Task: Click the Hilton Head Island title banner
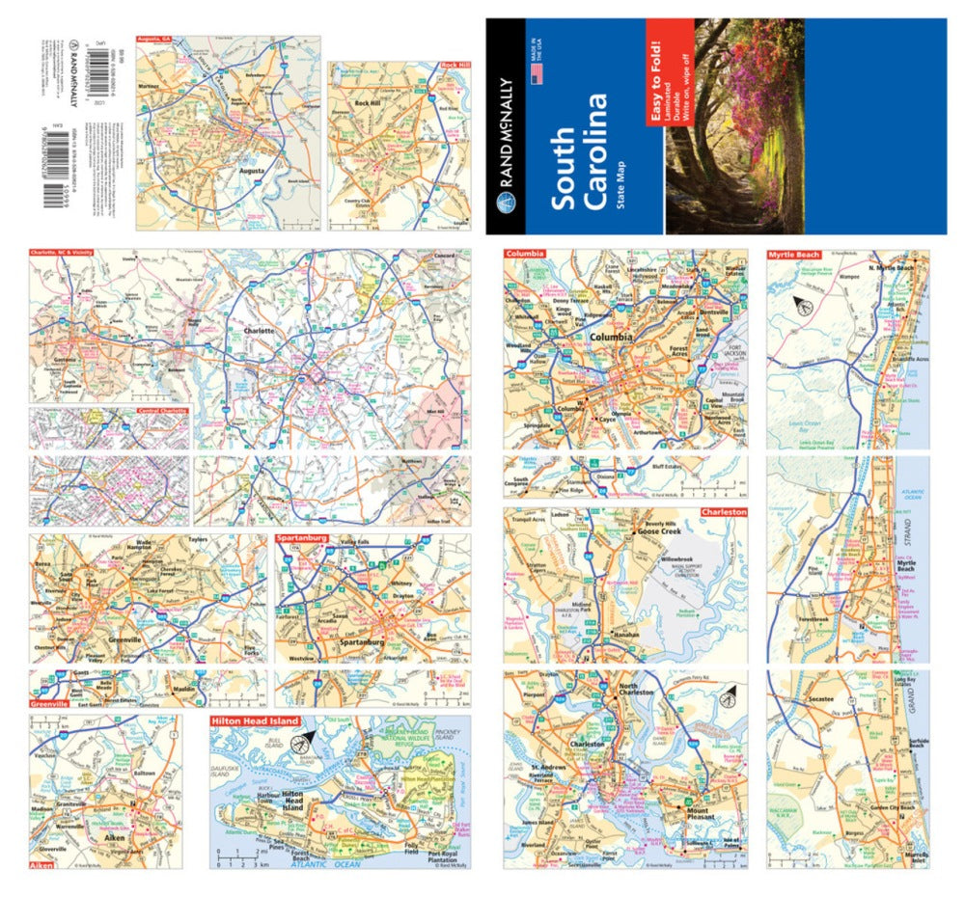pos(252,720)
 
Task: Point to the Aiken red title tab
pos(41,865)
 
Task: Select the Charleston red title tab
pos(724,512)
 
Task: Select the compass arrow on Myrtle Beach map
pos(800,307)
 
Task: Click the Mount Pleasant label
pos(684,813)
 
